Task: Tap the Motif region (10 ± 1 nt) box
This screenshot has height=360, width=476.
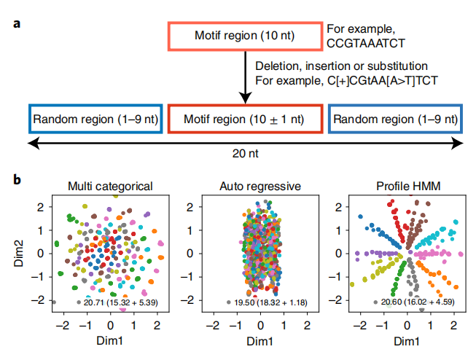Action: [x=245, y=118]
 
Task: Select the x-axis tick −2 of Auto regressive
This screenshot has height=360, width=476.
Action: [x=211, y=325]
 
